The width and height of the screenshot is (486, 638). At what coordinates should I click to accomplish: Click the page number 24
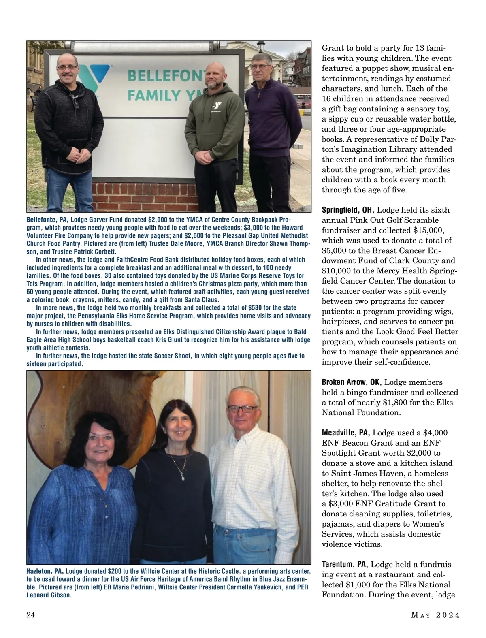(31, 615)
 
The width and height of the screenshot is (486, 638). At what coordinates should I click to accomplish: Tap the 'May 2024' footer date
(435, 615)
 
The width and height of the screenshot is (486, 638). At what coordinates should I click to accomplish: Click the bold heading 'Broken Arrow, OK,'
(352, 382)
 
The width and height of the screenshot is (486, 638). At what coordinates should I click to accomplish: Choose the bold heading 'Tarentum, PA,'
(345, 565)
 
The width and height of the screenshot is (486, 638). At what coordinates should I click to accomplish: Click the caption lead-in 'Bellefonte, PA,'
(47, 220)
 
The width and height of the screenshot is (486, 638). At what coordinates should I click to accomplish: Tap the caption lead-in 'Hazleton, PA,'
(45, 572)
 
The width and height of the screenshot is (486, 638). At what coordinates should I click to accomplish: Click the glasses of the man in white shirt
(242, 409)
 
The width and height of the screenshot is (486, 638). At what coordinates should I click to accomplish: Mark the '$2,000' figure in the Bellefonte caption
(159, 220)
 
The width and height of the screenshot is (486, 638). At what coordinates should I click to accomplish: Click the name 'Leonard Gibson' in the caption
(49, 595)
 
